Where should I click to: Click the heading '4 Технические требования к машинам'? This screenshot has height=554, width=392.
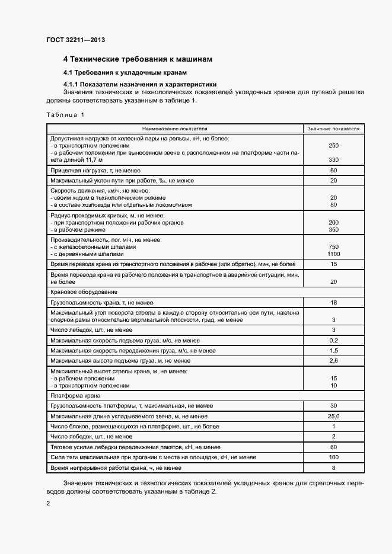138,59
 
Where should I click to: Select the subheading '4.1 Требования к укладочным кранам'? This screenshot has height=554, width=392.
125,72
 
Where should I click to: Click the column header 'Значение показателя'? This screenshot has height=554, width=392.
333,128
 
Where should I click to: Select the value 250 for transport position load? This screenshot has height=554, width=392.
333,145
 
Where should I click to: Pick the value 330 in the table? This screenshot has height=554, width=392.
333,160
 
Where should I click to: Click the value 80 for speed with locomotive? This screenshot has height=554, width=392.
333,205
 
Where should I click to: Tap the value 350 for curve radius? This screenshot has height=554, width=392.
333,229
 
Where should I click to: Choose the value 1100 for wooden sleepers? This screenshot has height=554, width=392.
333,254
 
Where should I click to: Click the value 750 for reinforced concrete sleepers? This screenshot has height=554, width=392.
333,246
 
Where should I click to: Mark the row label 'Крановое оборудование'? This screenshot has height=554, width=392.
84,292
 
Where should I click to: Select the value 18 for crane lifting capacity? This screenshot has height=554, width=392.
333,302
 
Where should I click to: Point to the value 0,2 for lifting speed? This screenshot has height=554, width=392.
333,341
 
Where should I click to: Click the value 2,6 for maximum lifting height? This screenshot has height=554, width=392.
333,360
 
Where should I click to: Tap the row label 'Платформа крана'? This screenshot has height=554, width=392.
75,395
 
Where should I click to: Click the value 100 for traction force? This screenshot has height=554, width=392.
333,457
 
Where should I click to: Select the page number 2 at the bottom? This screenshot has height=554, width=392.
48,504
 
